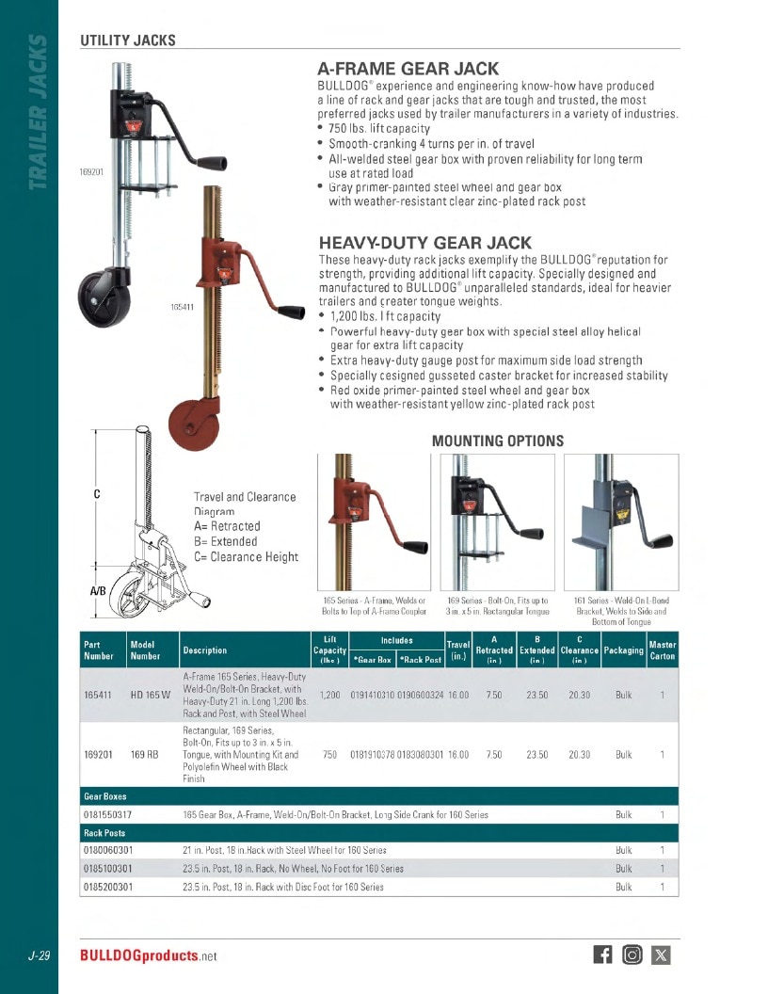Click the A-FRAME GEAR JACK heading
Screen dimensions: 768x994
[x=408, y=69]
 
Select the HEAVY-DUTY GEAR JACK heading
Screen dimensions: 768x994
[x=425, y=243]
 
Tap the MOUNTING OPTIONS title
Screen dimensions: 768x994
[x=498, y=441]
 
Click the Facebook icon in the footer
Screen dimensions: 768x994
[x=602, y=954]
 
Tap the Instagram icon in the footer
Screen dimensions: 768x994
[x=632, y=954]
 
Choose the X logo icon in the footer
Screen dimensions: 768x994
[x=661, y=954]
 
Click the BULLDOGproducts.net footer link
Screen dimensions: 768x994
[x=149, y=955]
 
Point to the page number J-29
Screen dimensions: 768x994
[x=40, y=955]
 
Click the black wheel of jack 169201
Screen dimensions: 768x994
[x=104, y=298]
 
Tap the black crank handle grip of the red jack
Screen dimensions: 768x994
[x=291, y=312]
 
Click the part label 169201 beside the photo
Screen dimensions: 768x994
[x=91, y=172]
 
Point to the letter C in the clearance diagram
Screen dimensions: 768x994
[x=97, y=494]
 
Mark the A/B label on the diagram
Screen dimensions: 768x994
[x=98, y=591]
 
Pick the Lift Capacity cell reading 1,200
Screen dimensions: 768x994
[x=330, y=695]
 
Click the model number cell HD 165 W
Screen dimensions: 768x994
[x=151, y=695]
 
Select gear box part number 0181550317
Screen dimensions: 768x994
[x=107, y=814]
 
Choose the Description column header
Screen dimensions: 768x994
[x=204, y=650]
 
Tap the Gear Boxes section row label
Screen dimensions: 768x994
[x=105, y=796]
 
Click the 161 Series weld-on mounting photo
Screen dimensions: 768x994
[x=621, y=521]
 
